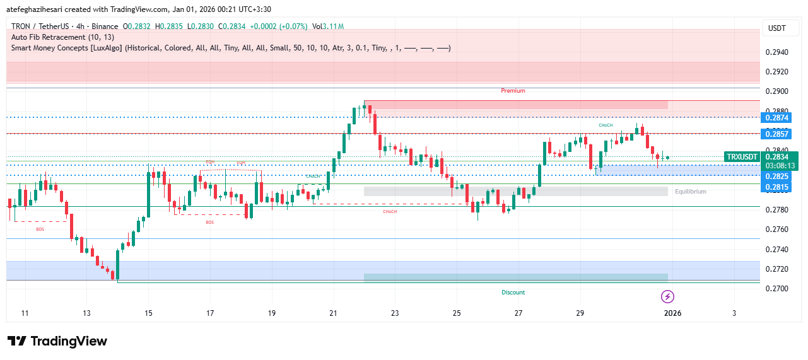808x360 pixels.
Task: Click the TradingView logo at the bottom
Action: pyautogui.click(x=57, y=341)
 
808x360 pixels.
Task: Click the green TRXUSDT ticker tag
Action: pyautogui.click(x=742, y=157)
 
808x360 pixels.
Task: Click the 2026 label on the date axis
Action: pyautogui.click(x=672, y=313)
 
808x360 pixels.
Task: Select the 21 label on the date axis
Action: pyautogui.click(x=334, y=313)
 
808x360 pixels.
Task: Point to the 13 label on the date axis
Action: pyautogui.click(x=86, y=313)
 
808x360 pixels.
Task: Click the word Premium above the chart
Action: pyautogui.click(x=513, y=91)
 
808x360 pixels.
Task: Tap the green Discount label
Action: pyautogui.click(x=513, y=293)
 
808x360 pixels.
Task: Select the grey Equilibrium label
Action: pyautogui.click(x=690, y=191)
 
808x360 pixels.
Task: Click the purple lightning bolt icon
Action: pyautogui.click(x=667, y=296)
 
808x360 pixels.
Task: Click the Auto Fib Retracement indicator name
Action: pyautogui.click(x=62, y=37)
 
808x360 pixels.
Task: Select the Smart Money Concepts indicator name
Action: pyautogui.click(x=66, y=48)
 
